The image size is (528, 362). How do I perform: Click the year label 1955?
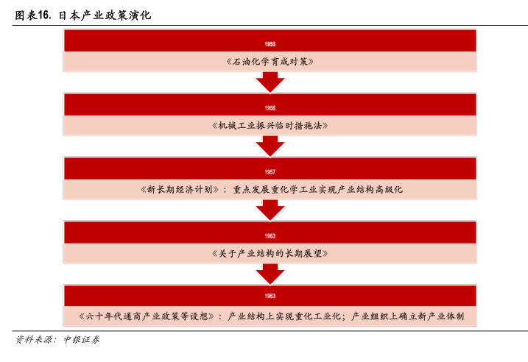(x=270, y=44)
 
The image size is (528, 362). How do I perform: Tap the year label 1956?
(x=270, y=108)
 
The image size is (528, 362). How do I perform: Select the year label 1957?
(x=270, y=172)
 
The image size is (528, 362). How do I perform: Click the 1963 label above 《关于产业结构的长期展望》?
(x=270, y=236)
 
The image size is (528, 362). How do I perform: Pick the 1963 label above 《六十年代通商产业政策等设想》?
(x=270, y=297)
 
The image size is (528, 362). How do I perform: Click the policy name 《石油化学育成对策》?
(x=270, y=62)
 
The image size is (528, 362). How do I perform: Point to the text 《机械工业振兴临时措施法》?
(x=270, y=126)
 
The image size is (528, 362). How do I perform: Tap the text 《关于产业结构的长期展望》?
(x=270, y=254)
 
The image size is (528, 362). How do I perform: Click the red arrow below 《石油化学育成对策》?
(x=270, y=82)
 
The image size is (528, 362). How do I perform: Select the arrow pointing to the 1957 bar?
(x=270, y=146)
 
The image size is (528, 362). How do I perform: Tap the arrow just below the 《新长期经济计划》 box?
(x=270, y=210)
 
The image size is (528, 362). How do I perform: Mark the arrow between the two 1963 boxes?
(x=270, y=274)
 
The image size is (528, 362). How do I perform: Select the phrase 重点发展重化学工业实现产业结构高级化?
(x=317, y=190)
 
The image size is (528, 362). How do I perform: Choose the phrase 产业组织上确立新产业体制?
(x=408, y=316)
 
